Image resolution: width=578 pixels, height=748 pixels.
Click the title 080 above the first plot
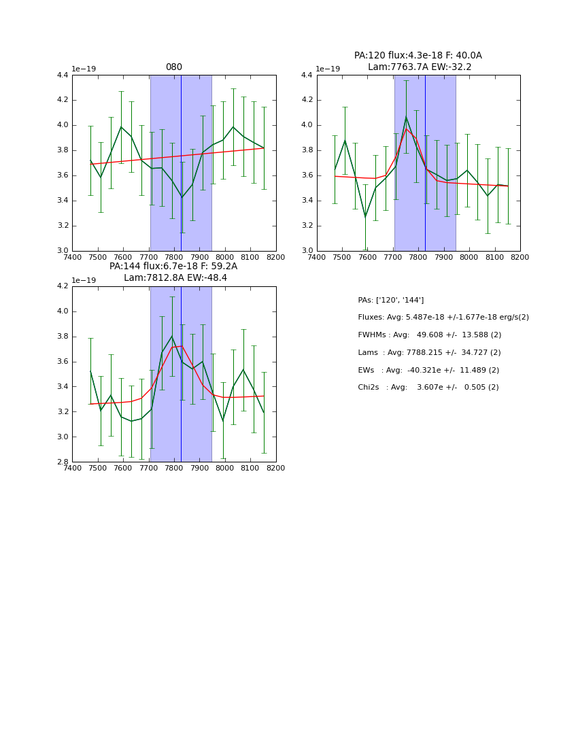click(174, 67)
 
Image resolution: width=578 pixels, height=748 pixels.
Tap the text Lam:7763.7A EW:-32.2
click(420, 67)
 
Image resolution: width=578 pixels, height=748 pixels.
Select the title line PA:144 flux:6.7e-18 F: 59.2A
click(173, 267)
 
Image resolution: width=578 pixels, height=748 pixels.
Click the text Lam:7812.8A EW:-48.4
click(175, 278)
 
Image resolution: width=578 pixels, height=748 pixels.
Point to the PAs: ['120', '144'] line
click(390, 300)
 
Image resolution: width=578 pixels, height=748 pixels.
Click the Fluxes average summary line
click(443, 318)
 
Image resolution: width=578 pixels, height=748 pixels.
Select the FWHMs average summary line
click(429, 335)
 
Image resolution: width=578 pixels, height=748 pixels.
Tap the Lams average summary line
click(429, 353)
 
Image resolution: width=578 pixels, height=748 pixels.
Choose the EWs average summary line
click(429, 370)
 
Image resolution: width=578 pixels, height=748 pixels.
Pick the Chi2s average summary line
click(428, 388)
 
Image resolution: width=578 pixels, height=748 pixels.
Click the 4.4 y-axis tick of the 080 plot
click(62, 75)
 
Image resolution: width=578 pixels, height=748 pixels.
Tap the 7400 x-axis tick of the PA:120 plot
click(317, 257)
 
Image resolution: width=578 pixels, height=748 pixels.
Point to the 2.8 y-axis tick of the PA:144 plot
click(62, 462)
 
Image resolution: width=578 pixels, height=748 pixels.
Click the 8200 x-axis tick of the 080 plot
click(276, 257)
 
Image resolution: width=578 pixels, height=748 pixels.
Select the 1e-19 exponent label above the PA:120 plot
click(328, 69)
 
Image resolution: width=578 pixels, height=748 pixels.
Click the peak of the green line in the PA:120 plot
click(406, 117)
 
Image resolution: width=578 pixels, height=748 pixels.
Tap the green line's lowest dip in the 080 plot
click(182, 197)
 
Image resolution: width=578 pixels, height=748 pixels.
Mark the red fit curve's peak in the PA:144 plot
click(182, 346)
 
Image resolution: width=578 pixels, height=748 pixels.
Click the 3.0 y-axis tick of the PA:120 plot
click(307, 251)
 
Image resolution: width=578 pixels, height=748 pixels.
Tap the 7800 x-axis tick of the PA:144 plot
click(174, 468)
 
